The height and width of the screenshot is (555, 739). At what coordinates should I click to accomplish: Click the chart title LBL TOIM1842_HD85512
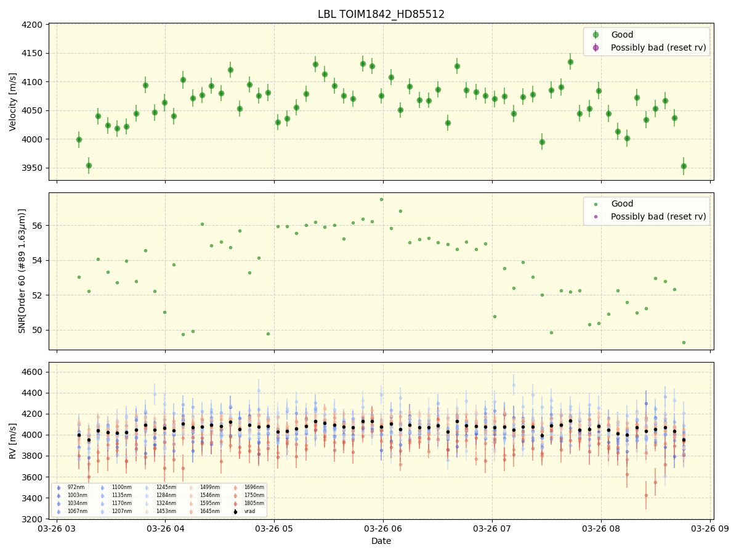coord(381,14)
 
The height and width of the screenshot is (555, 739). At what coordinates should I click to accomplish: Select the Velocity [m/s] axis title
coord(13,102)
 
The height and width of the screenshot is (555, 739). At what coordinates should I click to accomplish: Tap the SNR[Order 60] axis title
coord(22,271)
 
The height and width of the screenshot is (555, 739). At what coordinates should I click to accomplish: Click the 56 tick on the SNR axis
coord(38,226)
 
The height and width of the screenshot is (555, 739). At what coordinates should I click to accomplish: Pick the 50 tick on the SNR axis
coord(38,330)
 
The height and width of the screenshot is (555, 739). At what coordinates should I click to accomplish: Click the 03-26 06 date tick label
coord(383,529)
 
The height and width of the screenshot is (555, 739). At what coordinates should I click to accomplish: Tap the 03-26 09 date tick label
coord(710,529)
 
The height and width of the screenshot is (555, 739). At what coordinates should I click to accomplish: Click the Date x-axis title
coord(381,541)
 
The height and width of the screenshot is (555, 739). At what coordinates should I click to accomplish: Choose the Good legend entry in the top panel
coord(622,35)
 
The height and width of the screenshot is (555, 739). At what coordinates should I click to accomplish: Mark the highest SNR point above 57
coord(381,199)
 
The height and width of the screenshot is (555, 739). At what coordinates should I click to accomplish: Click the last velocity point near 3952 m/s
coord(684,166)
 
